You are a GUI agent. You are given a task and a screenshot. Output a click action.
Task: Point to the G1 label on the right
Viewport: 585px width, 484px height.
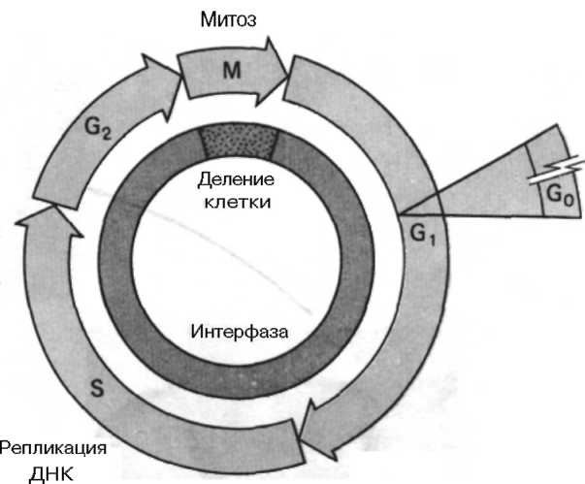click(421, 234)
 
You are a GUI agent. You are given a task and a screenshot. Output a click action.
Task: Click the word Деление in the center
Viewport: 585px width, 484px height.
click(236, 180)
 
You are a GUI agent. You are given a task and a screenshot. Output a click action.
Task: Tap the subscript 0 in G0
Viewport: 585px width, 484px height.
click(564, 200)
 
